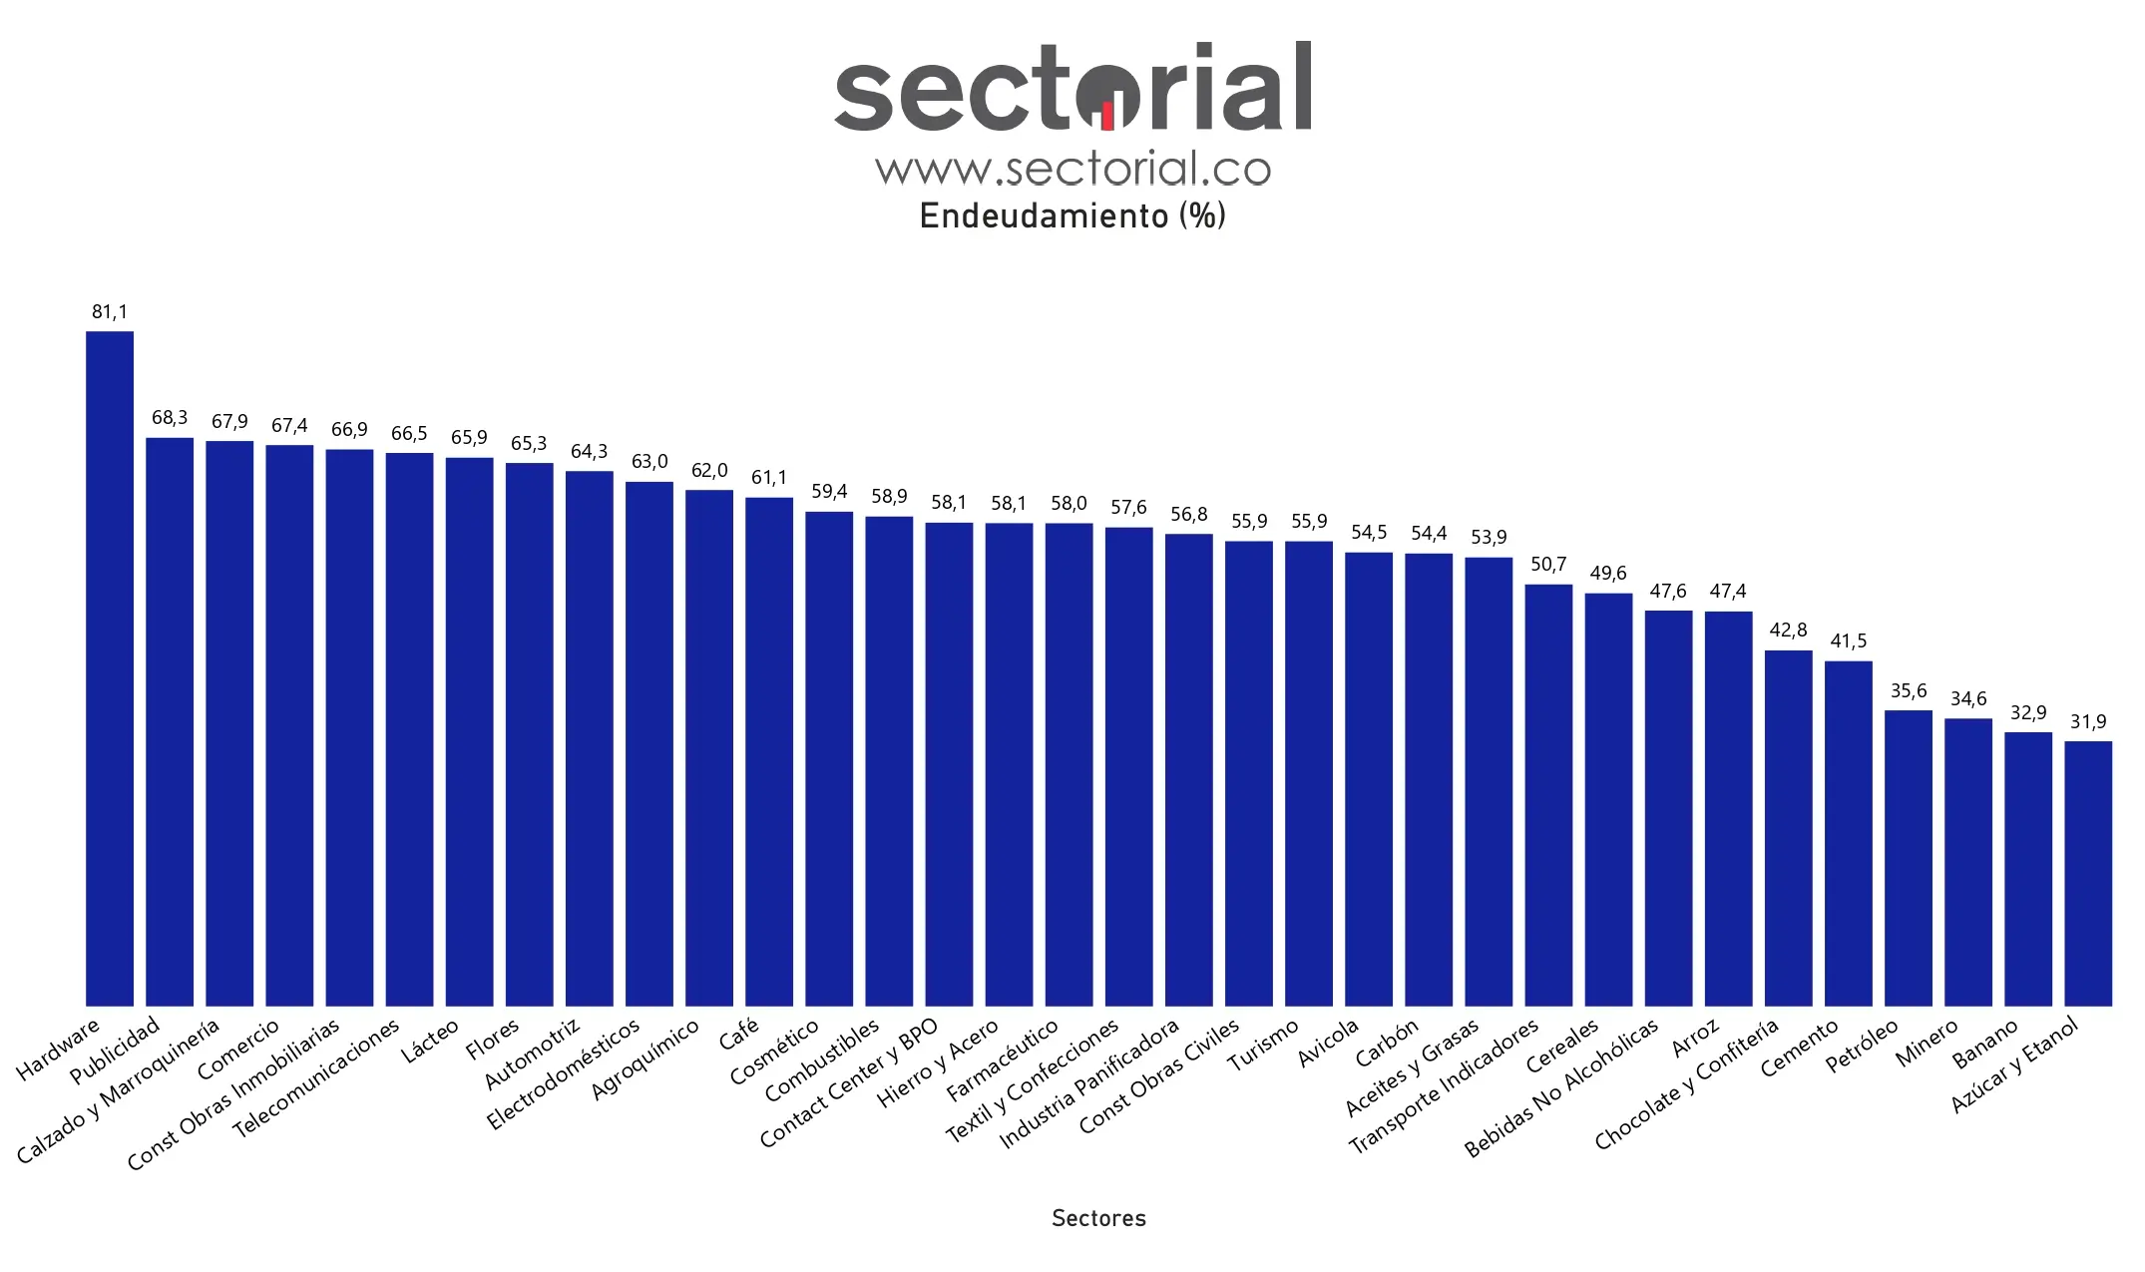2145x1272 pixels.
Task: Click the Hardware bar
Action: [110, 668]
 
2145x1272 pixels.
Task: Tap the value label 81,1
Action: [110, 312]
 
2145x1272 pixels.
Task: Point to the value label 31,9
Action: [2088, 722]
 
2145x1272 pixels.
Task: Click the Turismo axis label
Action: [1264, 1044]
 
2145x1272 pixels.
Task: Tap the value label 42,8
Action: [1788, 631]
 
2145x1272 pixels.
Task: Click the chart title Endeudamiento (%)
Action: [1072, 216]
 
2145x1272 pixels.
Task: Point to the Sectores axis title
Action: [1098, 1218]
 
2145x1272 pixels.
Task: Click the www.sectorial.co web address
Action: [1072, 169]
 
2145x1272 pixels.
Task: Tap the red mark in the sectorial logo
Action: [1107, 116]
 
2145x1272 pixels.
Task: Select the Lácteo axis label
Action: [431, 1041]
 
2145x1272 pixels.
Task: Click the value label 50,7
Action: [1548, 565]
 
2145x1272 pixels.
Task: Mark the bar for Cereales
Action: [1608, 799]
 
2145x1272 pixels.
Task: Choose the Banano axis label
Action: [1985, 1043]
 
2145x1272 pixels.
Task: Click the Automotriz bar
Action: [590, 738]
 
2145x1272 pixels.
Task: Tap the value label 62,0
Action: [709, 471]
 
